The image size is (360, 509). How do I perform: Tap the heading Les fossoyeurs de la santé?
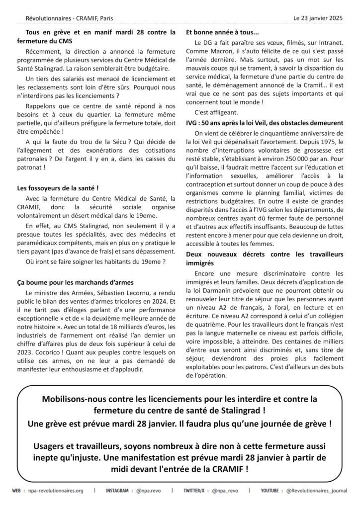[x=58, y=188]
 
